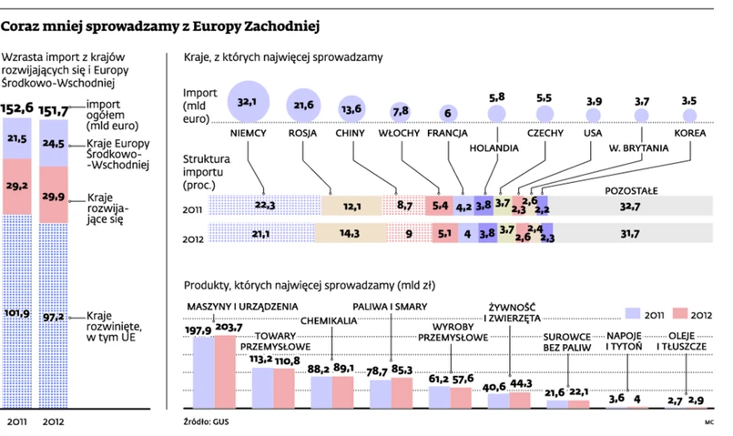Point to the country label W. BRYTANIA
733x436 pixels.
tap(638, 147)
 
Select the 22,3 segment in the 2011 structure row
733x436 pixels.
tap(265, 206)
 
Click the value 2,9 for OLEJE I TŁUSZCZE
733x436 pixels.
tap(697, 400)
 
